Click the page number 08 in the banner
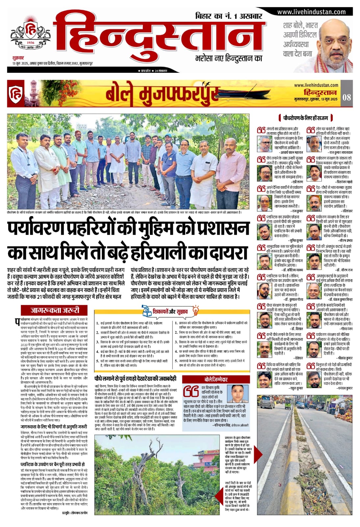tap(347, 97)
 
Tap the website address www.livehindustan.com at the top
tap(311, 12)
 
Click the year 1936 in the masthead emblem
tap(31, 43)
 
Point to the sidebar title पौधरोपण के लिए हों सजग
tap(306, 118)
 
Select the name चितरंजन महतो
tap(344, 181)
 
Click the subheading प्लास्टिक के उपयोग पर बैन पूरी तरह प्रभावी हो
tap(52, 464)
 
